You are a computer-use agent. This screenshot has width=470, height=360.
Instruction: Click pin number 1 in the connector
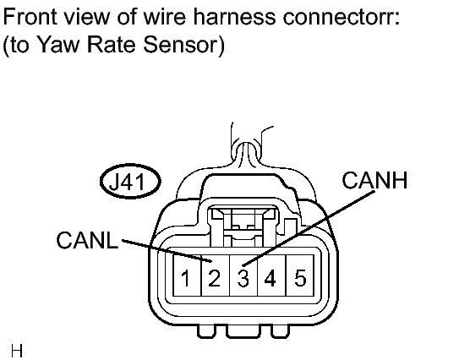pos(186,278)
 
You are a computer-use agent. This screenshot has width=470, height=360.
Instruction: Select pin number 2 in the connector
pos(214,278)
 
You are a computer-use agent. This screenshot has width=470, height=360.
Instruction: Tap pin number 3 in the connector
pos(243,278)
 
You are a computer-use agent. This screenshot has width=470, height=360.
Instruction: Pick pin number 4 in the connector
pos(270,278)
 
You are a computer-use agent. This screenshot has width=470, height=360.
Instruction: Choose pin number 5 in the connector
pos(300,278)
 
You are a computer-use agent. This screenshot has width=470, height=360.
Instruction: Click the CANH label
pos(374,180)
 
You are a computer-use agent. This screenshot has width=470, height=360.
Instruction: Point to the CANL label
pos(87,240)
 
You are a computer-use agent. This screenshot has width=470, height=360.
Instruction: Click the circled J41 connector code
pos(130,181)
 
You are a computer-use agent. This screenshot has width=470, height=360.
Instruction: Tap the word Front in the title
pos(30,17)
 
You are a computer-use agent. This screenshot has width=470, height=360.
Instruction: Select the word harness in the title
pos(234,17)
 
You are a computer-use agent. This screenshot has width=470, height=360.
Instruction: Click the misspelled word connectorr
pos(342,17)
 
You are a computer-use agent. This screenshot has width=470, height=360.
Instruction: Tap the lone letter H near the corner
pos(17,351)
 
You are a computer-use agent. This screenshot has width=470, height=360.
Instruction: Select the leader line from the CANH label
pos(309,228)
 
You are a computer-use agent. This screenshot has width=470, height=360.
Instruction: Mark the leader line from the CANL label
pos(167,251)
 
